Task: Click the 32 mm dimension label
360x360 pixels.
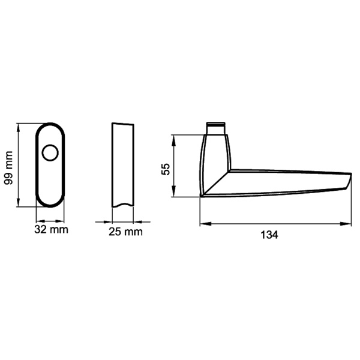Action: tap(51, 229)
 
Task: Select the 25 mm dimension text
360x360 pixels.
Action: tap(126, 232)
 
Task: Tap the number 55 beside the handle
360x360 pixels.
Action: tap(166, 166)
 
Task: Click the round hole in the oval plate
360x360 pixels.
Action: tap(50, 154)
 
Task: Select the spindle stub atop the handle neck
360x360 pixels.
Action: tap(215, 128)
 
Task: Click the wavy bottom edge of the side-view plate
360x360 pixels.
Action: tap(122, 205)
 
